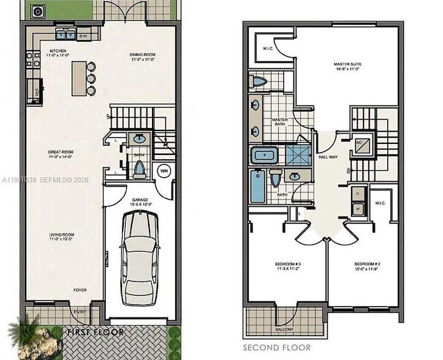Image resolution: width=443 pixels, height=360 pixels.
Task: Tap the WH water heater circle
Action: [164, 171]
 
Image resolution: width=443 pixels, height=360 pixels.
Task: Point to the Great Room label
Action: [61, 153]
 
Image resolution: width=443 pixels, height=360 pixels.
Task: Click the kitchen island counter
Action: [78, 78]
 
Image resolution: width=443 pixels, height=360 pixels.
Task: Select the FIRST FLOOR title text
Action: [96, 332]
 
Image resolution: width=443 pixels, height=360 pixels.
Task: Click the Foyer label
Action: [80, 289]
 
